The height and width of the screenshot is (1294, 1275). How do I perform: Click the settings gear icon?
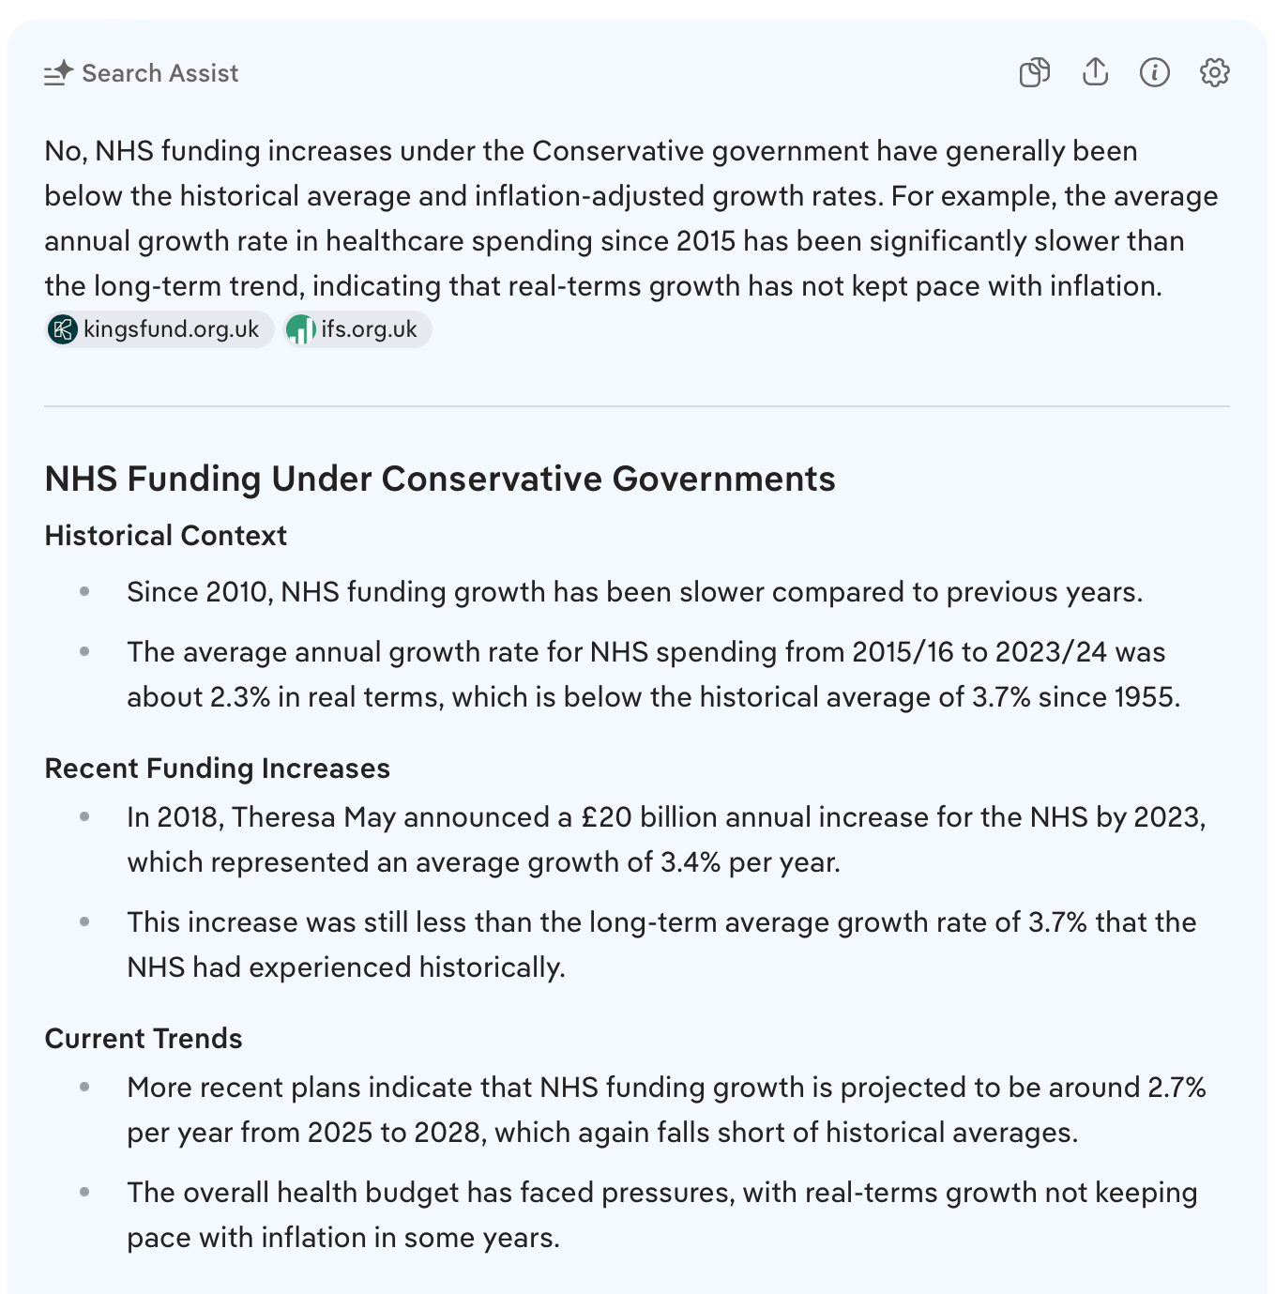click(x=1214, y=72)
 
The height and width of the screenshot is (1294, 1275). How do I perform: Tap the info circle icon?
click(x=1154, y=72)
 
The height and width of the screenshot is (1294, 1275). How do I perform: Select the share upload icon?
click(x=1095, y=72)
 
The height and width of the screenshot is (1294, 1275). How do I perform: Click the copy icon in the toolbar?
click(x=1034, y=72)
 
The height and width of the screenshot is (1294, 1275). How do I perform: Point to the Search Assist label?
click(x=159, y=73)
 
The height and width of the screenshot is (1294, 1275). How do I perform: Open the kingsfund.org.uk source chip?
click(x=159, y=329)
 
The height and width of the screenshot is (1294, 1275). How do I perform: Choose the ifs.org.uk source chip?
click(x=357, y=329)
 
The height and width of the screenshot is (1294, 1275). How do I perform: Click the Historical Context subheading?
click(x=165, y=536)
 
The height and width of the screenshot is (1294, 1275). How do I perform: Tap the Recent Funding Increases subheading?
click(x=217, y=769)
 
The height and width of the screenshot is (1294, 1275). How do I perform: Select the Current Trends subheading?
click(x=144, y=1039)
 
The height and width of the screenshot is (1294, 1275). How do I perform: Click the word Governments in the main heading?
click(x=723, y=480)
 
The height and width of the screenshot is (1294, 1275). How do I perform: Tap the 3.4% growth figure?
click(x=691, y=862)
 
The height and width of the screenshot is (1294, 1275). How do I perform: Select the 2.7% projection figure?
click(x=1176, y=1088)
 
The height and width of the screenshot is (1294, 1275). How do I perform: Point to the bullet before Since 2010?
click(x=84, y=591)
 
